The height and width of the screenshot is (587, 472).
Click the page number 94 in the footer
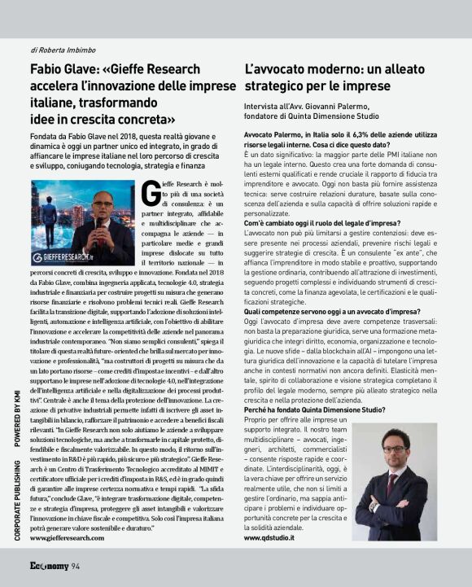tap(75, 567)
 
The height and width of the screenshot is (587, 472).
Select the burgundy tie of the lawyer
tap(391, 482)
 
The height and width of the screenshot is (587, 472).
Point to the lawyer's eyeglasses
tap(394, 449)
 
